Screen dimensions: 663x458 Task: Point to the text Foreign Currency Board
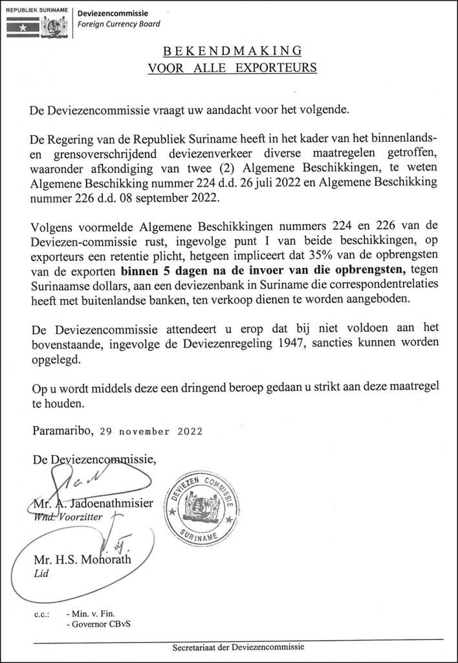(x=118, y=25)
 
